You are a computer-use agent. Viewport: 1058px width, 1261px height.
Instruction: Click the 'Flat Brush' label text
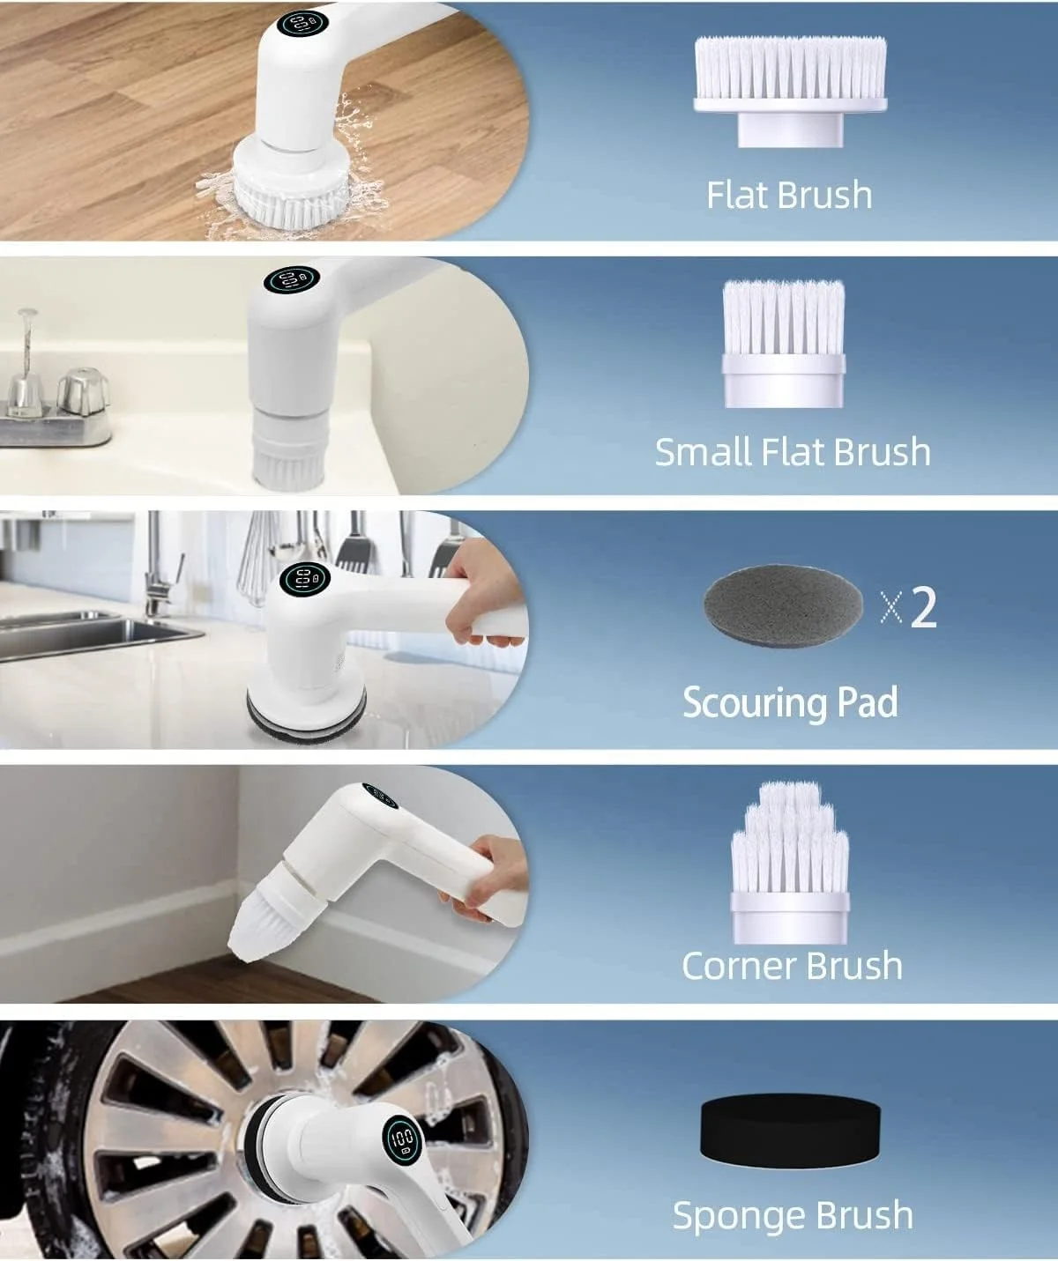(789, 195)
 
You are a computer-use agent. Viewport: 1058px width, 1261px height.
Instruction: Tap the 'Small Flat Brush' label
(793, 452)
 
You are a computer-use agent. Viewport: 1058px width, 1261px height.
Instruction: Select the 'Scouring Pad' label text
(790, 702)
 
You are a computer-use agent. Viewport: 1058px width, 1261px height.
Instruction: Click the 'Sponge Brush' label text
(793, 1215)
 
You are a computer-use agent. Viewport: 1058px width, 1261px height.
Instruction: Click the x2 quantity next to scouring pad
(909, 607)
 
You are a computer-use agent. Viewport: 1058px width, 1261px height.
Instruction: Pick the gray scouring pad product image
(783, 606)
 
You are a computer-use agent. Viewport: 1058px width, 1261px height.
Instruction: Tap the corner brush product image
(790, 863)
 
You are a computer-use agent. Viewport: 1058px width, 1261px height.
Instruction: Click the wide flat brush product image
(790, 91)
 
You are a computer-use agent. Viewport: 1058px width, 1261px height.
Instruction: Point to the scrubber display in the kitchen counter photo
(305, 579)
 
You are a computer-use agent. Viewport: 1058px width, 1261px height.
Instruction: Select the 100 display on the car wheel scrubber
(402, 1139)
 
